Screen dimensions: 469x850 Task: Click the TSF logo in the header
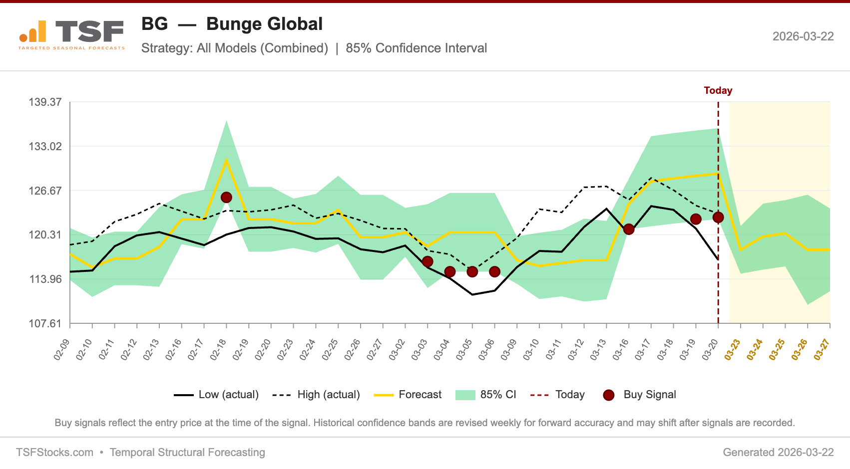[71, 34]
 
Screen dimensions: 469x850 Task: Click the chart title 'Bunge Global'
[264, 24]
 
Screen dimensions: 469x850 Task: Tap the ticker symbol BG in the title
[154, 24]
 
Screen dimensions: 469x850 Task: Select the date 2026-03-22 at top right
[803, 36]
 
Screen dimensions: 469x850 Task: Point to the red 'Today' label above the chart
[718, 90]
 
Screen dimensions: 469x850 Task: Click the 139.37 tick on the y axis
[45, 102]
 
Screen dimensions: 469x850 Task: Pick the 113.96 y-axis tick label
[45, 279]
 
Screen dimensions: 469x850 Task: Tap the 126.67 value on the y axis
[45, 191]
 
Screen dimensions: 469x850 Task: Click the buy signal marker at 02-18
[226, 198]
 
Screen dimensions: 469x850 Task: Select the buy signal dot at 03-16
[629, 230]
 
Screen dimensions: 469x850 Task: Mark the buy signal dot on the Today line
[718, 218]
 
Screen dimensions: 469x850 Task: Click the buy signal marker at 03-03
[427, 262]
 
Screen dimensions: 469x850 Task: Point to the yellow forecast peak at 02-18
[226, 160]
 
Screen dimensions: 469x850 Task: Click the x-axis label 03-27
[822, 349]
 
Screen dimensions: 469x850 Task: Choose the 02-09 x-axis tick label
[61, 349]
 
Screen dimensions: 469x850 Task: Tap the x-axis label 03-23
[732, 349]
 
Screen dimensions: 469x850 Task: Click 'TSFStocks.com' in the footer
[54, 453]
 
